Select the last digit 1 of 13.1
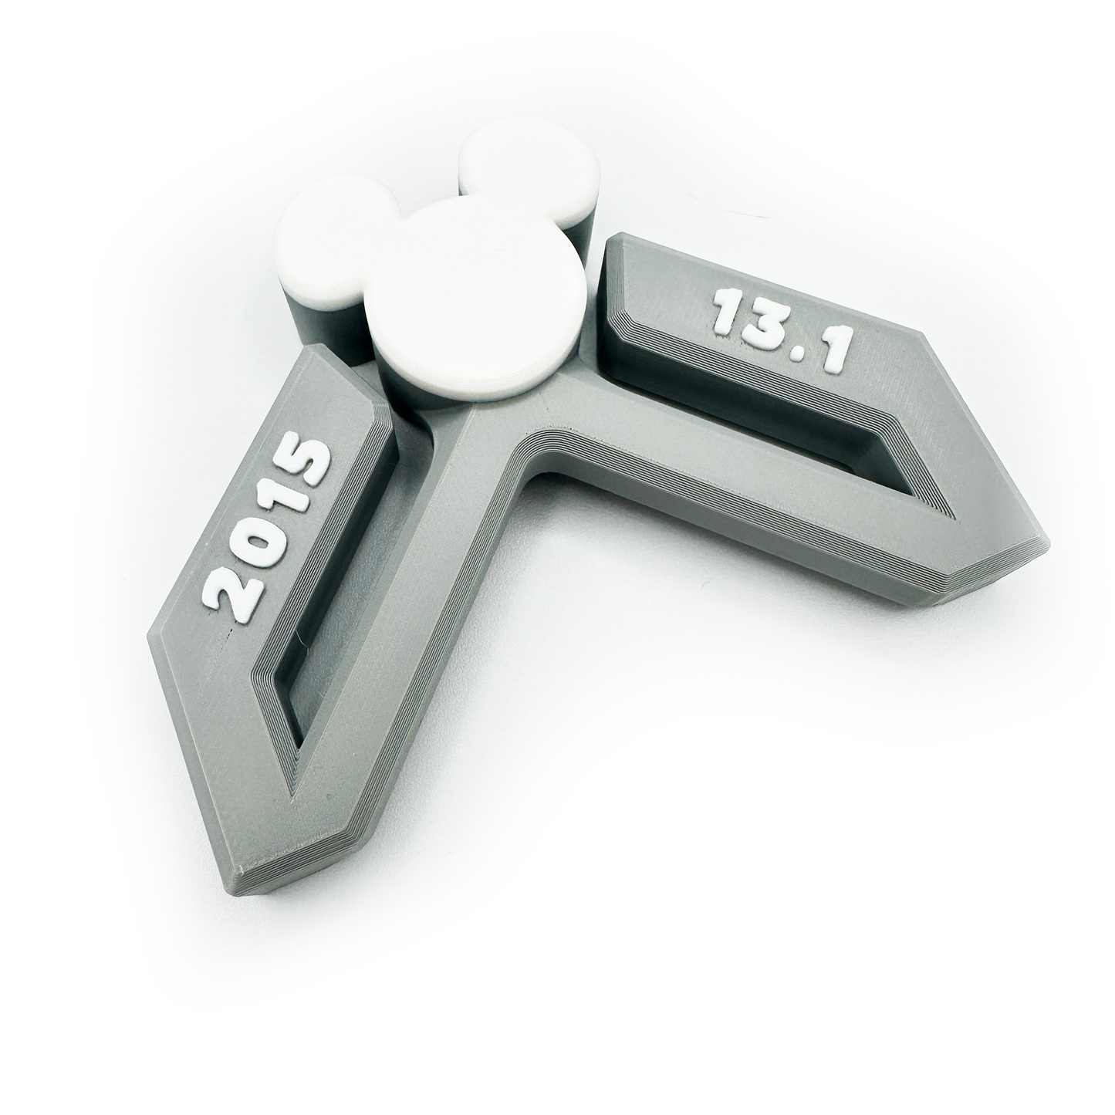829,355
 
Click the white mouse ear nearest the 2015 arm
331,237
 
